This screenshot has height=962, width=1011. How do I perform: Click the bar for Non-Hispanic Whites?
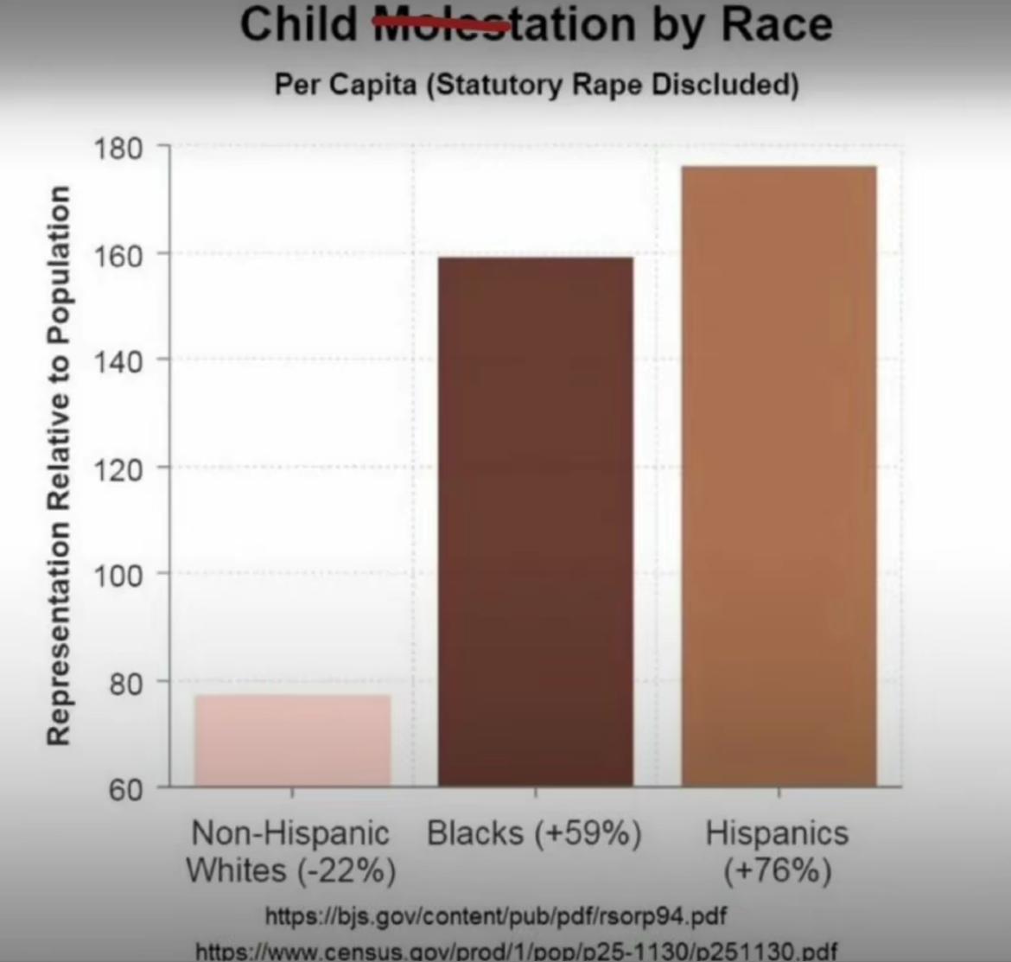[292, 740]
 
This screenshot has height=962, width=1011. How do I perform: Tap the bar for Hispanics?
[779, 475]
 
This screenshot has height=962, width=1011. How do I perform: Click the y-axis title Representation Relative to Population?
[58, 465]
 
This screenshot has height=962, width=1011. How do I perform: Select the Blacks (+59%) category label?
[535, 834]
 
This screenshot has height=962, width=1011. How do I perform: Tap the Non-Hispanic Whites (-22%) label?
[291, 851]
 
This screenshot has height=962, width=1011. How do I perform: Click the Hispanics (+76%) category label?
[778, 851]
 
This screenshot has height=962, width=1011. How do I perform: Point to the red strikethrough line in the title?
[442, 27]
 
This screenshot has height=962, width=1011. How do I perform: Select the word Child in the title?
[298, 24]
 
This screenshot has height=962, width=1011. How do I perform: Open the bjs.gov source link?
[495, 915]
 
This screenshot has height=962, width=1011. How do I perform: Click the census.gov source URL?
[517, 951]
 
